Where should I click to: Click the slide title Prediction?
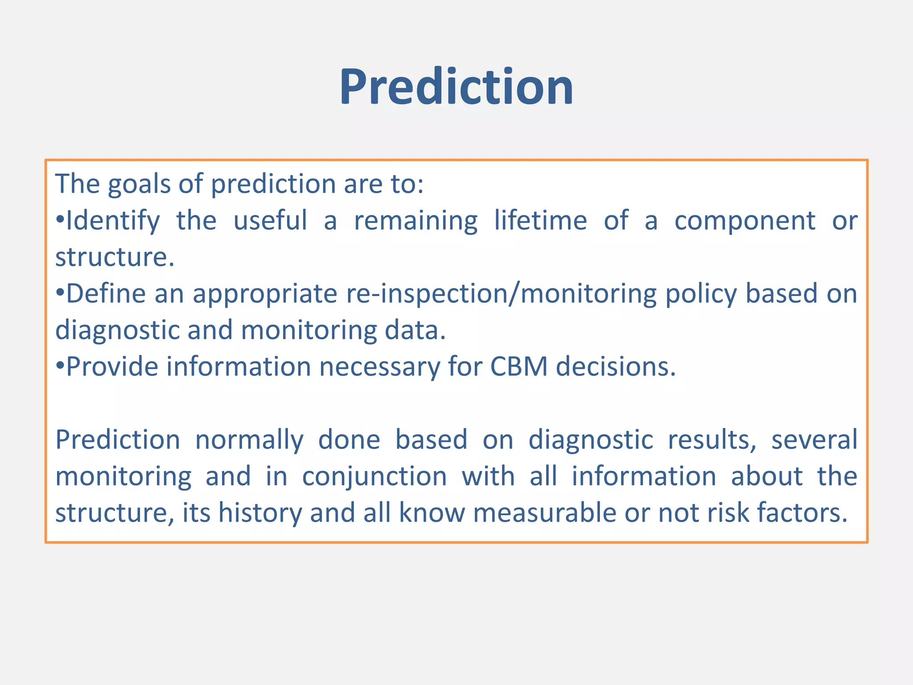tap(456, 87)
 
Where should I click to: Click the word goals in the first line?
tap(139, 184)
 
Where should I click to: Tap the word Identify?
tap(112, 221)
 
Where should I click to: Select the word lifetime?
tap(540, 220)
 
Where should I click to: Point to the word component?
tap(744, 221)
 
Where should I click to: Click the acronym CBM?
tap(518, 367)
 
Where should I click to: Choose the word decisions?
tap(615, 367)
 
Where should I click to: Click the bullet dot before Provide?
tap(60, 367)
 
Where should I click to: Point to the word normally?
tap(249, 440)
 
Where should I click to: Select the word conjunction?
tap(374, 476)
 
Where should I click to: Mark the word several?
tap(814, 440)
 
